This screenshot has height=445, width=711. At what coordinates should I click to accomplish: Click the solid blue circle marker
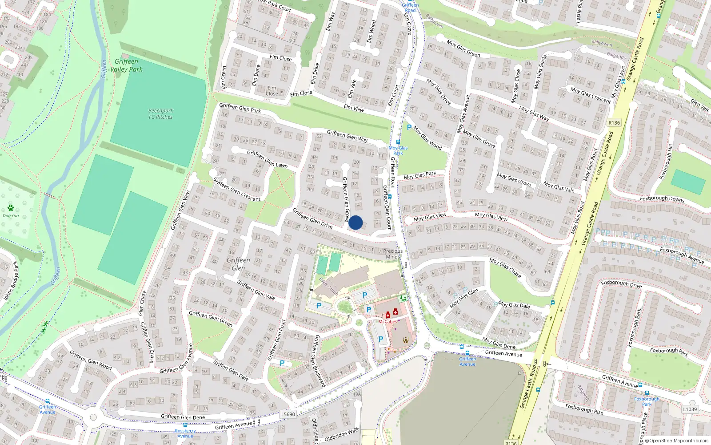(355, 222)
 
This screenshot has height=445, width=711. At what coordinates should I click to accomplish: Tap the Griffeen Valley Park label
(127, 65)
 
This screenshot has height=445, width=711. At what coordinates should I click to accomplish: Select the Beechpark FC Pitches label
(161, 114)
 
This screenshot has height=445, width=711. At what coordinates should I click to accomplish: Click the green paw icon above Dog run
(11, 208)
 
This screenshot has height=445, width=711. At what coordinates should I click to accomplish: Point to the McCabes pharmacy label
(387, 322)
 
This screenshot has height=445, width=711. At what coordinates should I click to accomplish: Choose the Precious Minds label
(393, 254)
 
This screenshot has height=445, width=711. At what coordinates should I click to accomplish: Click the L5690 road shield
(288, 414)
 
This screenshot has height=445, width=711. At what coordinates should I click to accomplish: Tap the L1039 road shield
(690, 409)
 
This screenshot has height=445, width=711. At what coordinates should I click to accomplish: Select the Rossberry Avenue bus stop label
(185, 433)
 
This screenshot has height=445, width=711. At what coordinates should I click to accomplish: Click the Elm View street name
(354, 108)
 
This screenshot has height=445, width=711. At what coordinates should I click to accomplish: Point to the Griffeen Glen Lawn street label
(267, 159)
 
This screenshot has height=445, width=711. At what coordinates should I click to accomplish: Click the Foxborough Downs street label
(662, 198)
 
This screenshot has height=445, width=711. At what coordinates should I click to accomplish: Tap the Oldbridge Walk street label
(341, 435)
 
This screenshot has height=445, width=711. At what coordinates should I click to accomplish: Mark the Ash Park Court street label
(275, 6)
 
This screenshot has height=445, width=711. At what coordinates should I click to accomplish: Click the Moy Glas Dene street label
(499, 343)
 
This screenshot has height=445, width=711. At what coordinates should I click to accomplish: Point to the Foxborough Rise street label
(584, 409)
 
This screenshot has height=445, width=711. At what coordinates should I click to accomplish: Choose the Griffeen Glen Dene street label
(183, 417)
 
